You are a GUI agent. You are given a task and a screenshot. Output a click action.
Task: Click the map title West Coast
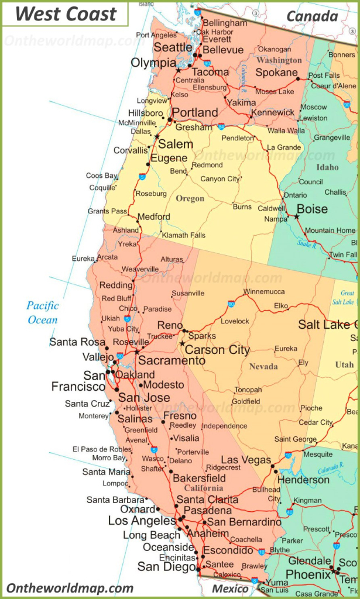pos(66,13)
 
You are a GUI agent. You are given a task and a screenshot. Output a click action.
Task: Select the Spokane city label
pos(277,73)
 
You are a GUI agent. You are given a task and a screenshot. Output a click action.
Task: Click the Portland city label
pos(194,112)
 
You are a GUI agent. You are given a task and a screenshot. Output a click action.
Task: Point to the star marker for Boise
pos(296,217)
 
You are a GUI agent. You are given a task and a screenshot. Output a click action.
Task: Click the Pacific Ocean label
pos(43,312)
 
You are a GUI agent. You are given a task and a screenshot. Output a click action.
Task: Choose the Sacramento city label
pos(172,360)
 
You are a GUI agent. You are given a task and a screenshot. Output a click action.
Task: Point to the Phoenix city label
pos(308,575)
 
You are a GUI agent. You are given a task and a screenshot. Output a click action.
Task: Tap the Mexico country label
pos(229,588)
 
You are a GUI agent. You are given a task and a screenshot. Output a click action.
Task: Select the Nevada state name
pos(263,366)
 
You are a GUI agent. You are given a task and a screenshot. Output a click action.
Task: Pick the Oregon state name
pos(190,198)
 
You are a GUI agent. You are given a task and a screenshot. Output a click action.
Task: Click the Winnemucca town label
pos(264,291)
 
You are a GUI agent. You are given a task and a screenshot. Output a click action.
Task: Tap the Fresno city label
pos(180,416)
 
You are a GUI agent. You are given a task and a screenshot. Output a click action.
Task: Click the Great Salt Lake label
pos(347,297)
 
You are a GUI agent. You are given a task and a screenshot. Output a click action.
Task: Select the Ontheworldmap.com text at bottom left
pos(70,588)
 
